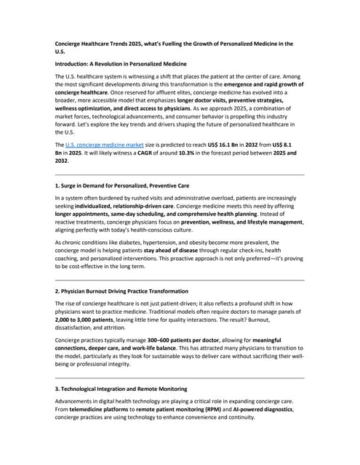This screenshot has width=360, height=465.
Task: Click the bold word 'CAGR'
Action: [x=160, y=153]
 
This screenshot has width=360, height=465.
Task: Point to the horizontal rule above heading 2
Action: [x=180, y=279]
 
